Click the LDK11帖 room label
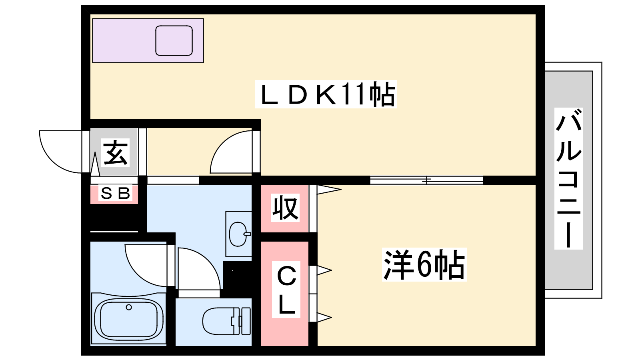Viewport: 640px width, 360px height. pyautogui.click(x=326, y=94)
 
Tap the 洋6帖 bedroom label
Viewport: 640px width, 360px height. pyautogui.click(x=424, y=264)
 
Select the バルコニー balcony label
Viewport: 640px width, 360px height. pyautogui.click(x=568, y=178)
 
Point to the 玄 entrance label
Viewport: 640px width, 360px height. pyautogui.click(x=116, y=152)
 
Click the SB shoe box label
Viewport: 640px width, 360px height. pyautogui.click(x=116, y=193)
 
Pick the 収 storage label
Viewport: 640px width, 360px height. pyautogui.click(x=285, y=208)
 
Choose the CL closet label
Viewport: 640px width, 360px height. pyautogui.click(x=286, y=290)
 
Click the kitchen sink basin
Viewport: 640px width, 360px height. pyautogui.click(x=174, y=40)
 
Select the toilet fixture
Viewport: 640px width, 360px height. pyautogui.click(x=226, y=321)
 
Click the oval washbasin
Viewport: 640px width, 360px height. pyautogui.click(x=238, y=234)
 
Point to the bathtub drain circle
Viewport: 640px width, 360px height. pyautogui.click(x=129, y=307)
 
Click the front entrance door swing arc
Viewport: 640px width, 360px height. pyautogui.click(x=60, y=152)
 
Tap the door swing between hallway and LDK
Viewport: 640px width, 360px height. pyautogui.click(x=231, y=152)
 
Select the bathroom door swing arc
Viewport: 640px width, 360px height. pyautogui.click(x=146, y=266)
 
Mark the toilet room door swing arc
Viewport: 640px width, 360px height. pyautogui.click(x=199, y=268)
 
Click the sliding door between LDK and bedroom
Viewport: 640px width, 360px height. pyautogui.click(x=426, y=180)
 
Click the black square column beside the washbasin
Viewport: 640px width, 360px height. pyautogui.click(x=238, y=275)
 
